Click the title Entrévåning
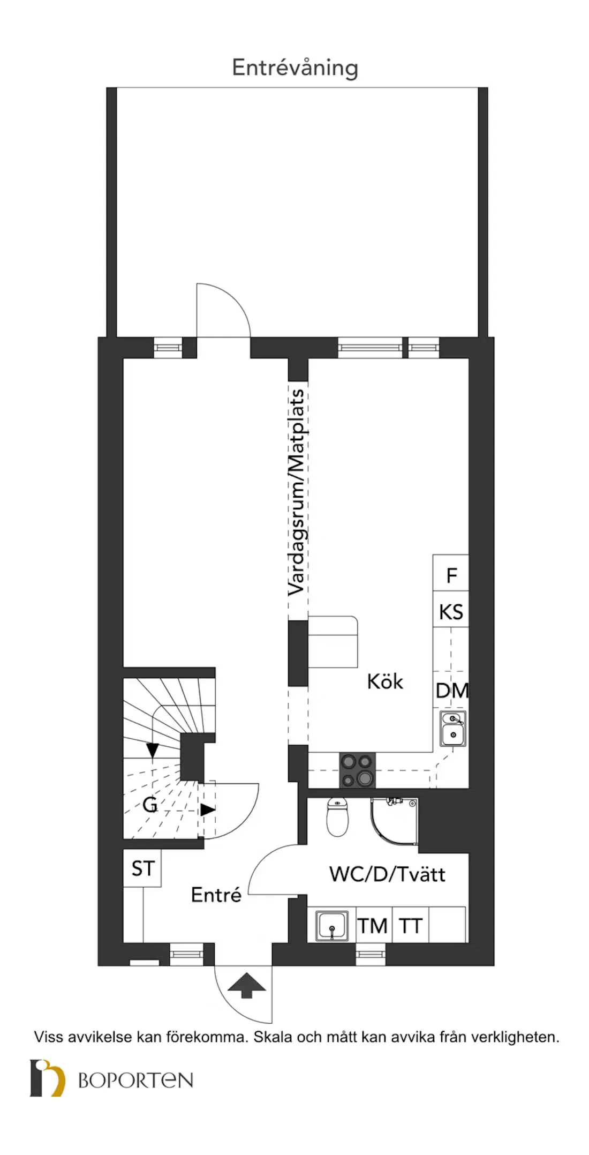tap(295, 68)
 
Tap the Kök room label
tap(384, 681)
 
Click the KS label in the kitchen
tap(451, 611)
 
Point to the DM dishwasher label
tap(452, 691)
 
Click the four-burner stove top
tap(357, 770)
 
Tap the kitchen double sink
tap(453, 728)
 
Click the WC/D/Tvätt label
tap(387, 874)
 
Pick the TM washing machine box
tap(373, 926)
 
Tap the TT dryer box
tap(411, 926)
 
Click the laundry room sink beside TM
tap(331, 926)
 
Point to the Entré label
tap(216, 895)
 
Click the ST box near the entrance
tap(142, 868)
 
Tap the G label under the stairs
tap(150, 804)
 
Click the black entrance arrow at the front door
tap(246, 986)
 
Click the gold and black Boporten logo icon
tap(48, 1078)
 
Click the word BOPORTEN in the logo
tap(135, 1080)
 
